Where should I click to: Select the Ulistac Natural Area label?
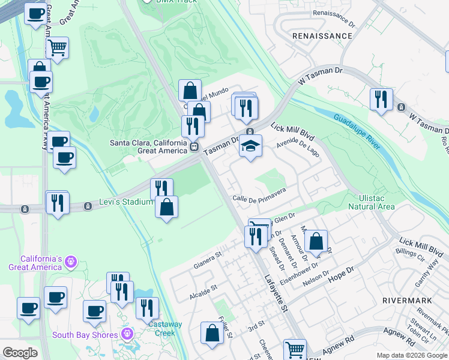pos(372,202)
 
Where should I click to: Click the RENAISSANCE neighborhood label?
pos(322,36)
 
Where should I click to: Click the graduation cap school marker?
pos(251,146)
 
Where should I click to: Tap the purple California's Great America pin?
pos(70,262)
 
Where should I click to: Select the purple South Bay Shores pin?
pos(127,334)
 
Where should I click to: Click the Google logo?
pos(20,353)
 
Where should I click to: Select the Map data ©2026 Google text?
pos(412,355)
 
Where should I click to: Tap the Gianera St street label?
pos(208,261)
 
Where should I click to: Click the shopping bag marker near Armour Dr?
pos(316,241)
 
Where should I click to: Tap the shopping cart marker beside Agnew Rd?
pos(294,349)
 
